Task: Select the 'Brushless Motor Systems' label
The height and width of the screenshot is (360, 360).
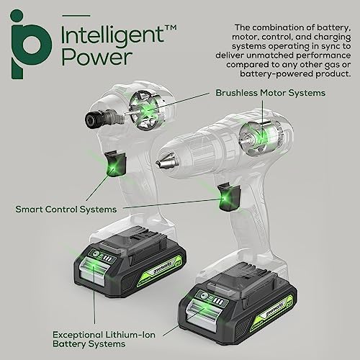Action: tap(270, 93)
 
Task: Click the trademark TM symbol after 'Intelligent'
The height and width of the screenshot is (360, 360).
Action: tap(150, 24)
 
